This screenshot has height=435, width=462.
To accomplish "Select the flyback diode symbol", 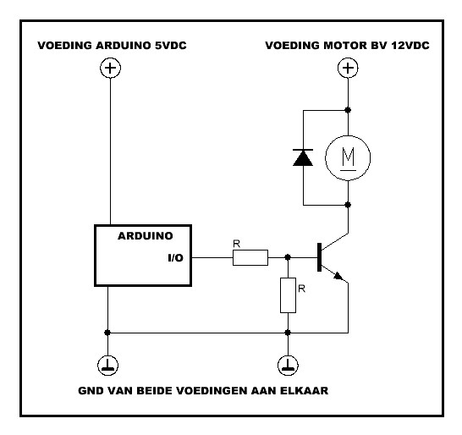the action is coord(303,157).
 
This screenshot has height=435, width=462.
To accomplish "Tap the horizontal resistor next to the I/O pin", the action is coord(250,257).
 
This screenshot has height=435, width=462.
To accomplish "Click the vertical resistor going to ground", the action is coord(288,295).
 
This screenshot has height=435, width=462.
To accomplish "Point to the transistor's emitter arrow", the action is coord(338,276).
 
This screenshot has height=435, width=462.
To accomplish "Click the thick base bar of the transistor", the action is coord(319,257).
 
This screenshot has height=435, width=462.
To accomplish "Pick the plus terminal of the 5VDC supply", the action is coord(111,68).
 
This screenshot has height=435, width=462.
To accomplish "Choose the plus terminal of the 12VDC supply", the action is coord(348,68).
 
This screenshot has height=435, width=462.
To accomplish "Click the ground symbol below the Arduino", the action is coord(107,366).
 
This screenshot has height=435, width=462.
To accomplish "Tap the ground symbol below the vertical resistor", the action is coord(288,366).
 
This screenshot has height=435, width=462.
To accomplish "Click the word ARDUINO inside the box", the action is coord(146,236).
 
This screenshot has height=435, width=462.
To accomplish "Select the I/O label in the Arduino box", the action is coord(176,258).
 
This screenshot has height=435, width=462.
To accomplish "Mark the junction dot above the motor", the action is coord(348,110).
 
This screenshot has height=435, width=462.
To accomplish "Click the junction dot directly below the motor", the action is coord(348,205).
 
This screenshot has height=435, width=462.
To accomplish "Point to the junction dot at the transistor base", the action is coord(288,257).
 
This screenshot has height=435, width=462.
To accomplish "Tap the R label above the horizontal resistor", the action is coord(237,244).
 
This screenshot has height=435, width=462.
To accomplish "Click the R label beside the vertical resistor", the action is coord(302,289).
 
